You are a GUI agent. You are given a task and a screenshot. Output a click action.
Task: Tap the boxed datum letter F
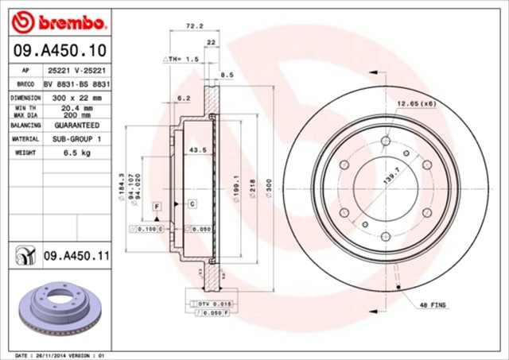(x=157, y=207)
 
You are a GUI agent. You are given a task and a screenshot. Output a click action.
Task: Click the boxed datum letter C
(x=192, y=205)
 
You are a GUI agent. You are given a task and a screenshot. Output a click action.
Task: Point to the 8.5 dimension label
(x=226, y=75)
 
